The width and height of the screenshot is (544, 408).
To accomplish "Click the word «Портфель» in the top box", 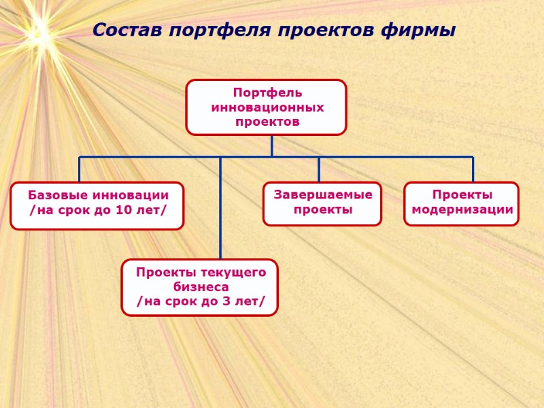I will click(267, 92).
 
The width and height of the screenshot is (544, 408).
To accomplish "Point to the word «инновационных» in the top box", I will click(267, 107).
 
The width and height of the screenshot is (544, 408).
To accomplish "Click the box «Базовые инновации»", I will click(97, 205).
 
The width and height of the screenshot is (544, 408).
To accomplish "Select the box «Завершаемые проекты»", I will click(322, 203).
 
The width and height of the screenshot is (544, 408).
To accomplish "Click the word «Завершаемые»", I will click(323, 195).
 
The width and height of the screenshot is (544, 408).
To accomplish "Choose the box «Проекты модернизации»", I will click(462, 203).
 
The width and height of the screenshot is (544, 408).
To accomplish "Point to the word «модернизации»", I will click(462, 210).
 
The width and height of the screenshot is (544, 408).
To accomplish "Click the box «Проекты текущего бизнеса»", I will click(200, 287).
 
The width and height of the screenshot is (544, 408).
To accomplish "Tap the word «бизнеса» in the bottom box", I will click(201, 287).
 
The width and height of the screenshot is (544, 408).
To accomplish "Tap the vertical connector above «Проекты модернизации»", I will click(473, 169).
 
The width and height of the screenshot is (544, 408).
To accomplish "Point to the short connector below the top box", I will click(271, 146).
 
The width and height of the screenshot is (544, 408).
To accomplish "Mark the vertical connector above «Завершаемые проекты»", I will click(319, 169).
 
